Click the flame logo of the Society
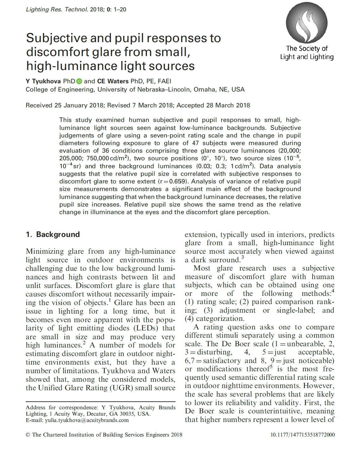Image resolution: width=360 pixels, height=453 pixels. point(306,23)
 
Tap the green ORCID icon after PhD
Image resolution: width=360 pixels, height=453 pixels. point(79,81)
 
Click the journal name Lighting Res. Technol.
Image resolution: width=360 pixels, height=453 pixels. point(57,10)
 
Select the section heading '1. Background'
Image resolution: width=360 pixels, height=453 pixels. point(53,234)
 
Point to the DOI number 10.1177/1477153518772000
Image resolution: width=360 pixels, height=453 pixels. point(302,435)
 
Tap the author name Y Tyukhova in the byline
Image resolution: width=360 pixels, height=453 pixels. point(43,81)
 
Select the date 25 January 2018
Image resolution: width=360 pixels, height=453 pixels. point(79,105)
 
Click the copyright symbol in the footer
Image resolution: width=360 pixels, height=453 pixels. point(28,435)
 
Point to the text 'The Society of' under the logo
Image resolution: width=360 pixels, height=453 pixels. point(307,48)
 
